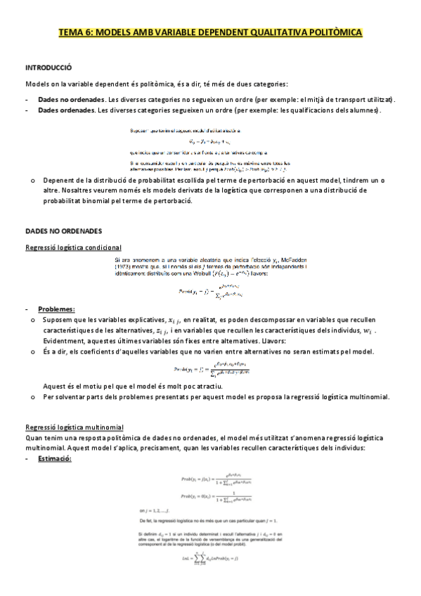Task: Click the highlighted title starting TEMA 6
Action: (210, 32)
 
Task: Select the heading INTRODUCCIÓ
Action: (48, 68)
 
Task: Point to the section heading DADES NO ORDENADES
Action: (64, 231)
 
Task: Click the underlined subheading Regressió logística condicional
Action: (73, 247)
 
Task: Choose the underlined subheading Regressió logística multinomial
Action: (75, 427)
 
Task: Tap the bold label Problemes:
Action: (56, 290)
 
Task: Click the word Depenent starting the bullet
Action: (60, 181)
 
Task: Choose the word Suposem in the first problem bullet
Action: (58, 300)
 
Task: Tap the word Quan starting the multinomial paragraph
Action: (34, 436)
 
